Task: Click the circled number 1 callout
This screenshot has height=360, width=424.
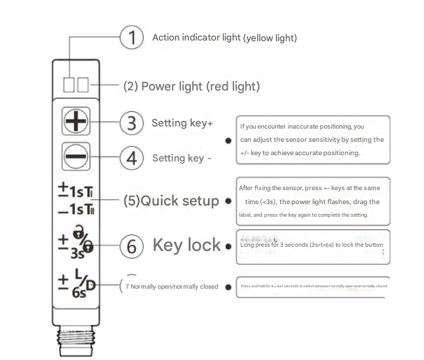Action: click(131, 38)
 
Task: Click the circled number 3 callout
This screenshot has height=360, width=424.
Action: click(131, 123)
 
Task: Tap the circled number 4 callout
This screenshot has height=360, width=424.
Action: click(131, 157)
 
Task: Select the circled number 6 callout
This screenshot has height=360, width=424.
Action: click(131, 246)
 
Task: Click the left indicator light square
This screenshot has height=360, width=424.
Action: click(69, 85)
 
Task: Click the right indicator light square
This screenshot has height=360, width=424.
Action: click(82, 85)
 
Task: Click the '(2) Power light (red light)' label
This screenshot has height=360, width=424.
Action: click(191, 87)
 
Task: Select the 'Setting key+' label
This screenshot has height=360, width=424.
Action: click(182, 123)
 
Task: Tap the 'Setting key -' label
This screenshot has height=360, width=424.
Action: click(182, 157)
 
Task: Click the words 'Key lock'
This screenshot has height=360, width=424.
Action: click(186, 245)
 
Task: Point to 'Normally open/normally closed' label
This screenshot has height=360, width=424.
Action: click(171, 287)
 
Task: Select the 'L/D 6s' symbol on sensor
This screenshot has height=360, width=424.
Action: click(78, 284)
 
